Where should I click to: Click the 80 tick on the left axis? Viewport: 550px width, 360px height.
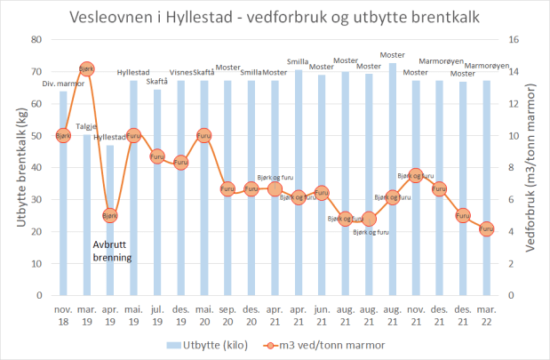(x=36, y=39)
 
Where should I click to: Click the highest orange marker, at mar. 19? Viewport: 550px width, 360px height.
(x=87, y=68)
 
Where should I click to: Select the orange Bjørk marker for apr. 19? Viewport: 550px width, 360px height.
(x=110, y=215)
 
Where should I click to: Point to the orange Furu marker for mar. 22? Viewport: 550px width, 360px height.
(x=486, y=228)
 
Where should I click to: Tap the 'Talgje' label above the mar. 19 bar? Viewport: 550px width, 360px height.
(x=87, y=126)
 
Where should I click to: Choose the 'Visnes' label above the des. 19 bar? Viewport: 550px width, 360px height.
(x=181, y=74)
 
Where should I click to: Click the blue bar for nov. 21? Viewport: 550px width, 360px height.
(x=416, y=240)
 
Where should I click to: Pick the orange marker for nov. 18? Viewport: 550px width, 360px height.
(x=63, y=135)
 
